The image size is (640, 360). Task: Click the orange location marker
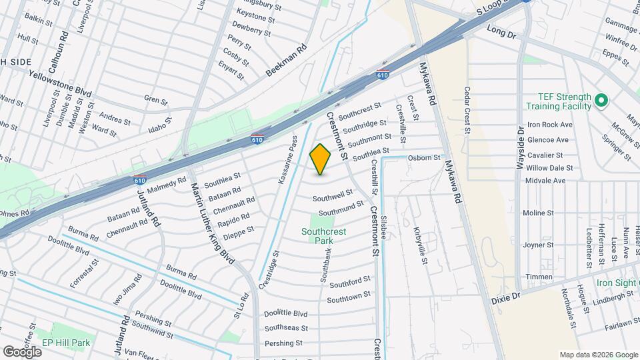pyautogui.click(x=321, y=159)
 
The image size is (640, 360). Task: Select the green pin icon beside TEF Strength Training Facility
pyautogui.click(x=601, y=101)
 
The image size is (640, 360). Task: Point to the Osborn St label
pyautogui.click(x=424, y=158)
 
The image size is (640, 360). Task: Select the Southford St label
pyautogui.click(x=349, y=282)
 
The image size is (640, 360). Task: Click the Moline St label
pyautogui.click(x=538, y=213)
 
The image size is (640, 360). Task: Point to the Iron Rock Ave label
pyautogui.click(x=550, y=125)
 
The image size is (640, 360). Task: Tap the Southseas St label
pyautogui.click(x=286, y=328)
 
